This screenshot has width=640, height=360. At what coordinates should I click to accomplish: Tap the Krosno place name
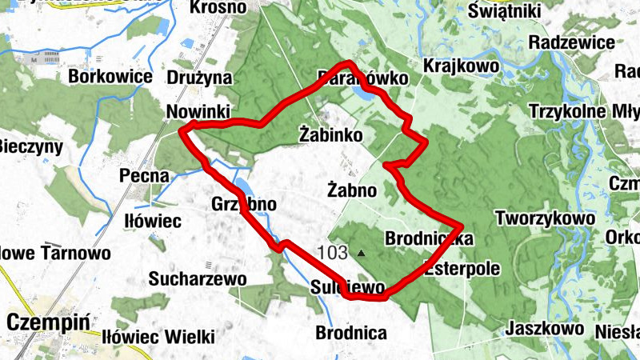pos(218,8)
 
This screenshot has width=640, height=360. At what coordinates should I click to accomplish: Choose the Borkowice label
pos(110,77)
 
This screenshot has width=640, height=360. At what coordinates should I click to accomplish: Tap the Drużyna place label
pos(199,78)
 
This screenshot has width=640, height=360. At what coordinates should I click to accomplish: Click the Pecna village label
pos(144,175)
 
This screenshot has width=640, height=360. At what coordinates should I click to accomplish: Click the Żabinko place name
pos(330,134)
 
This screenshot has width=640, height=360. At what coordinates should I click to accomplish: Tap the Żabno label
pos(352,190)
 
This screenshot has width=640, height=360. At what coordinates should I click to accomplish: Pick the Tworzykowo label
pos(545,218)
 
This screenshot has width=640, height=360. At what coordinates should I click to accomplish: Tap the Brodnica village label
pos(351,332)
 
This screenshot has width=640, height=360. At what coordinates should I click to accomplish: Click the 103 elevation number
pos(332,254)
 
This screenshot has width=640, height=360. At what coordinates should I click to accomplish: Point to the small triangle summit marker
pos(361,254)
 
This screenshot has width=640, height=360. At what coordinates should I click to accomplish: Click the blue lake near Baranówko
pos(362,94)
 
